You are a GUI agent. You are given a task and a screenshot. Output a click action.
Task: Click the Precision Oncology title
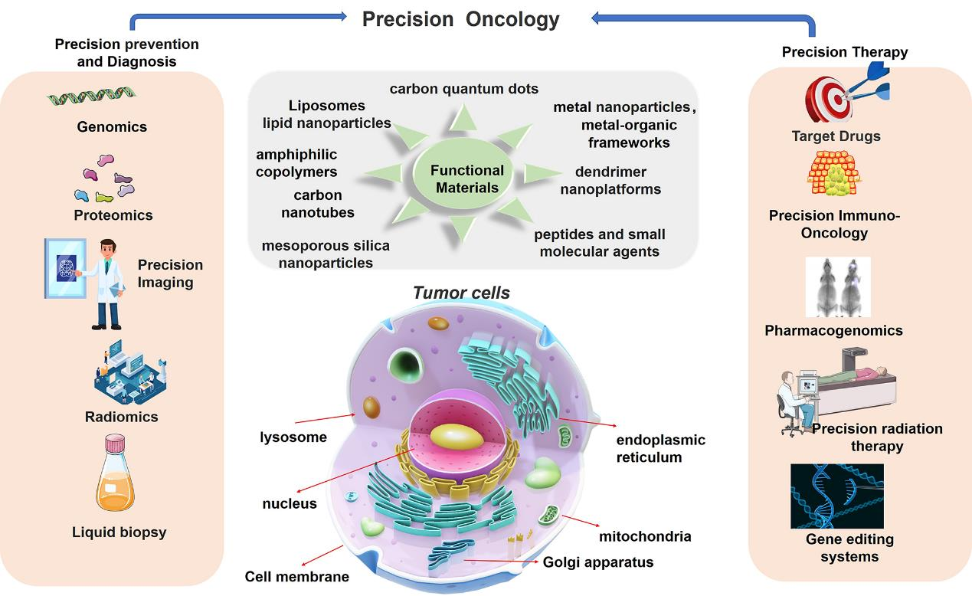click(461, 19)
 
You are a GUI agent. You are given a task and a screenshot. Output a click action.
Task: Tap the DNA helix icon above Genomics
click(92, 96)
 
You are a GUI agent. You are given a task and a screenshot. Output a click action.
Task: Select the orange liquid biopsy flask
click(115, 473)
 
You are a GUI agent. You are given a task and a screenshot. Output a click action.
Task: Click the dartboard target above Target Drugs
click(829, 100)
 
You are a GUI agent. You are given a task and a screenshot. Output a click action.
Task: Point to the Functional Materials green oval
click(463, 174)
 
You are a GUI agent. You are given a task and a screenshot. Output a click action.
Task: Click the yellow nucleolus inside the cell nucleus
click(457, 437)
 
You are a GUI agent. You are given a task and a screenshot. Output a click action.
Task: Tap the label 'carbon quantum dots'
click(464, 89)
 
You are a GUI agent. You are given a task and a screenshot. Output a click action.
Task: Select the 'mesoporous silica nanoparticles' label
click(326, 254)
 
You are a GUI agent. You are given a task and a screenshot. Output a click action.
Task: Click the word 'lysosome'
click(293, 437)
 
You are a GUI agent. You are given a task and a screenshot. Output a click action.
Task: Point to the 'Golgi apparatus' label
click(598, 562)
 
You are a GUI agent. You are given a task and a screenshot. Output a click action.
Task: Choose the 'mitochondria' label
click(645, 536)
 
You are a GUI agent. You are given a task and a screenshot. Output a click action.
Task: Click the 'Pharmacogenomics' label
click(833, 330)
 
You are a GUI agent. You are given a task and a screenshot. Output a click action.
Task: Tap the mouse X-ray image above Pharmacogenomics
click(838, 287)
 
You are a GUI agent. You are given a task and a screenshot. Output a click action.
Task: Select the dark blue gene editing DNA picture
click(837, 496)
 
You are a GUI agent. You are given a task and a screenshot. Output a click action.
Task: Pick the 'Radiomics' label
click(122, 417)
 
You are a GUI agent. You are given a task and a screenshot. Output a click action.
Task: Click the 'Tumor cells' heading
click(461, 293)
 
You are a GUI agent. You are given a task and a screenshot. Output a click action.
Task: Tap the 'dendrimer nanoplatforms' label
click(610, 181)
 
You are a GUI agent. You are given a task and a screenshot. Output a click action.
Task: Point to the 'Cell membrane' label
click(296, 577)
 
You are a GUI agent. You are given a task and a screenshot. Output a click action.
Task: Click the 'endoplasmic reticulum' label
click(660, 448)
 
